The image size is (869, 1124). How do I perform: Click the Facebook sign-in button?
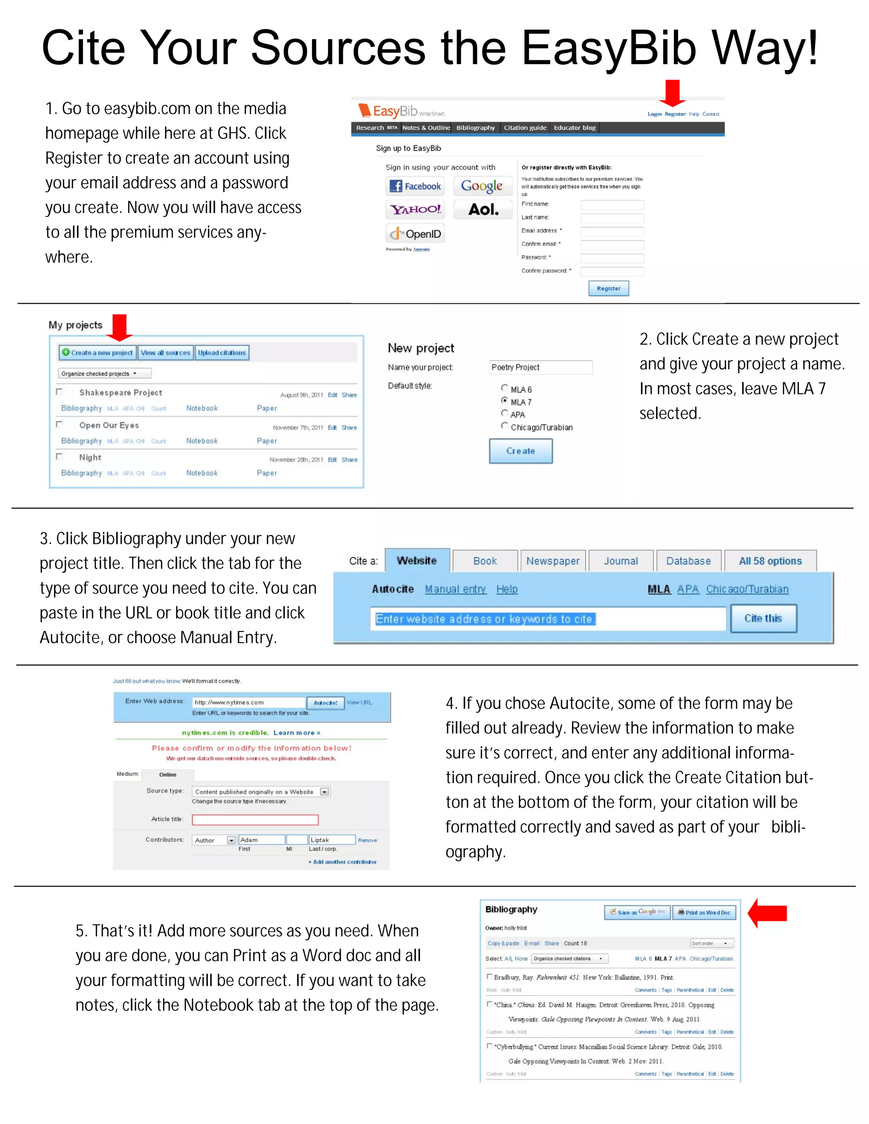[x=415, y=186]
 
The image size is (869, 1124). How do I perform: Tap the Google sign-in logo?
[x=482, y=186]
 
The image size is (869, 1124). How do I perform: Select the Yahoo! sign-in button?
[x=415, y=210]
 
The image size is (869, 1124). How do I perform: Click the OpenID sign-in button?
[x=415, y=234]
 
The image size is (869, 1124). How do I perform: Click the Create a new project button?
[x=97, y=352]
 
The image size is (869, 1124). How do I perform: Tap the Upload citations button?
[x=222, y=352]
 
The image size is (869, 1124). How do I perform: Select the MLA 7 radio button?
[x=505, y=400]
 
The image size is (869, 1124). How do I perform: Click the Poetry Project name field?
[x=541, y=367]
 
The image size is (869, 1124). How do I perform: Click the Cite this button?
[x=763, y=618]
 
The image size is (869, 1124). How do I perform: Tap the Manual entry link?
[x=455, y=589]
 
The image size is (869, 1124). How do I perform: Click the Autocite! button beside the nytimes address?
[x=325, y=702]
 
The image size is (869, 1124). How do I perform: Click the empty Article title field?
[x=255, y=819]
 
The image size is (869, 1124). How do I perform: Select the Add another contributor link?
[x=342, y=861]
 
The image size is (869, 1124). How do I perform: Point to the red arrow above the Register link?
[x=673, y=92]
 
